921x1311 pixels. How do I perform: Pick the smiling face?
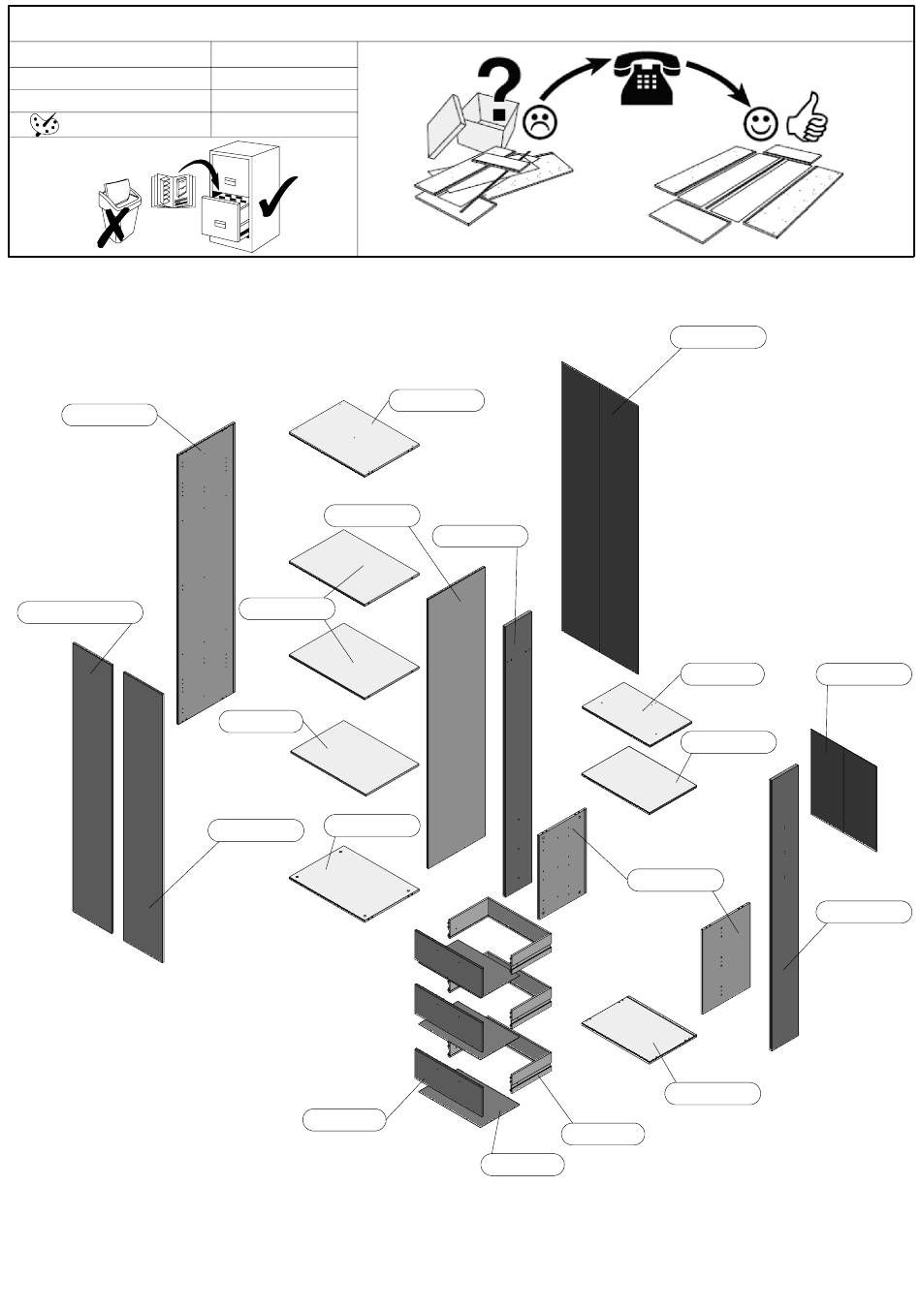point(761,123)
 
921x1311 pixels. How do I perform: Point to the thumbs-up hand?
point(808,118)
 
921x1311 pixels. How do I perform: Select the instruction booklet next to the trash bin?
point(173,190)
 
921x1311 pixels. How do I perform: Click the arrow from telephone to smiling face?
point(719,79)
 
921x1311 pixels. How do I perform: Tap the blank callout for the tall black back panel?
point(718,337)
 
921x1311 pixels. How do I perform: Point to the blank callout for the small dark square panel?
point(864,674)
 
